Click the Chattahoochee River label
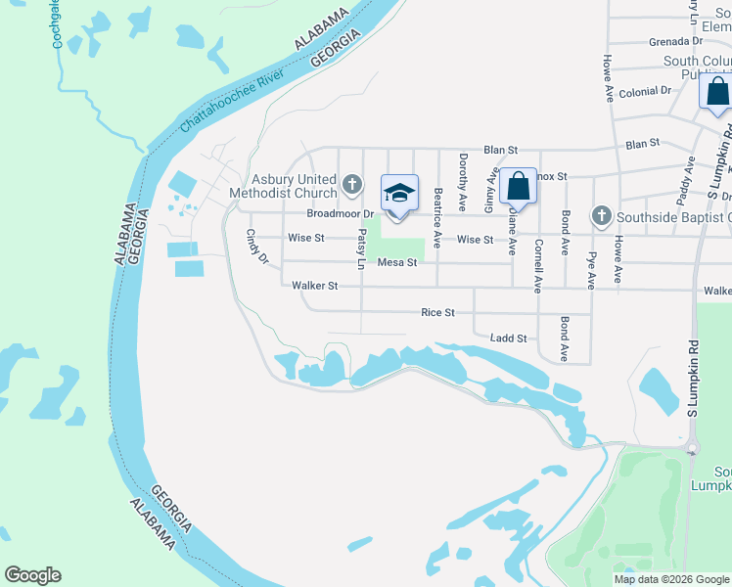point(233,101)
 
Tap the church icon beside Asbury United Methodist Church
point(353,183)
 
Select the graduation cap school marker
point(398,193)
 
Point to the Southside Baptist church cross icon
point(601,215)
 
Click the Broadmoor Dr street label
point(341,213)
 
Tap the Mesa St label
point(397,262)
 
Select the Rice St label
point(437,313)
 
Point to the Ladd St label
point(509,339)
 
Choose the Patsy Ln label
point(360,251)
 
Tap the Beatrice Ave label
point(437,217)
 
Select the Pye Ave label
point(591,268)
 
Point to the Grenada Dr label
point(676,42)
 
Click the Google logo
point(32,575)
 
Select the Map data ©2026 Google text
point(671,579)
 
